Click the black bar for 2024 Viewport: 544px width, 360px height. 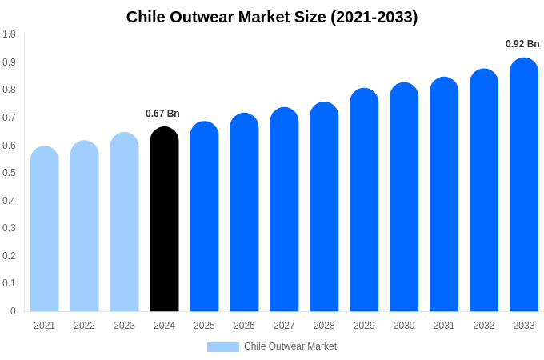click(x=164, y=220)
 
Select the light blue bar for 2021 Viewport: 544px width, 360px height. click(x=45, y=230)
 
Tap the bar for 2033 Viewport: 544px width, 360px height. click(x=524, y=186)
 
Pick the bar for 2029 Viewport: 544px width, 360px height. click(x=364, y=201)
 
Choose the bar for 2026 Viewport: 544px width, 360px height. click(x=244, y=213)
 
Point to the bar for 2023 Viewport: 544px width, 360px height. click(x=124, y=222)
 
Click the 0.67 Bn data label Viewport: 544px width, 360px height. click(x=162, y=114)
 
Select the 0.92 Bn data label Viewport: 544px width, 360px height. click(x=522, y=44)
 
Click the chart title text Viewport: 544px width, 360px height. click(x=272, y=17)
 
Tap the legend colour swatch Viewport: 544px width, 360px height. click(x=222, y=347)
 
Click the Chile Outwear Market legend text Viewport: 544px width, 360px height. click(x=290, y=346)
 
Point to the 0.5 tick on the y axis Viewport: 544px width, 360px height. click(x=9, y=173)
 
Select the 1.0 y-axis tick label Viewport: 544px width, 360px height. click(x=9, y=34)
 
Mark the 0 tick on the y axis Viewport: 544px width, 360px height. click(x=13, y=311)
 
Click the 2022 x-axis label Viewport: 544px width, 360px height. click(x=84, y=326)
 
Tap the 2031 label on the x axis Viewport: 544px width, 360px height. click(x=444, y=326)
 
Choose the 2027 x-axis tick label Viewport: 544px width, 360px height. click(x=284, y=326)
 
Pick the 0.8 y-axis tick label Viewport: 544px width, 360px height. click(x=9, y=90)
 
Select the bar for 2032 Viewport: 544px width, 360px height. click(x=484, y=191)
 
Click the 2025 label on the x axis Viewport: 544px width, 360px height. click(x=204, y=326)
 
